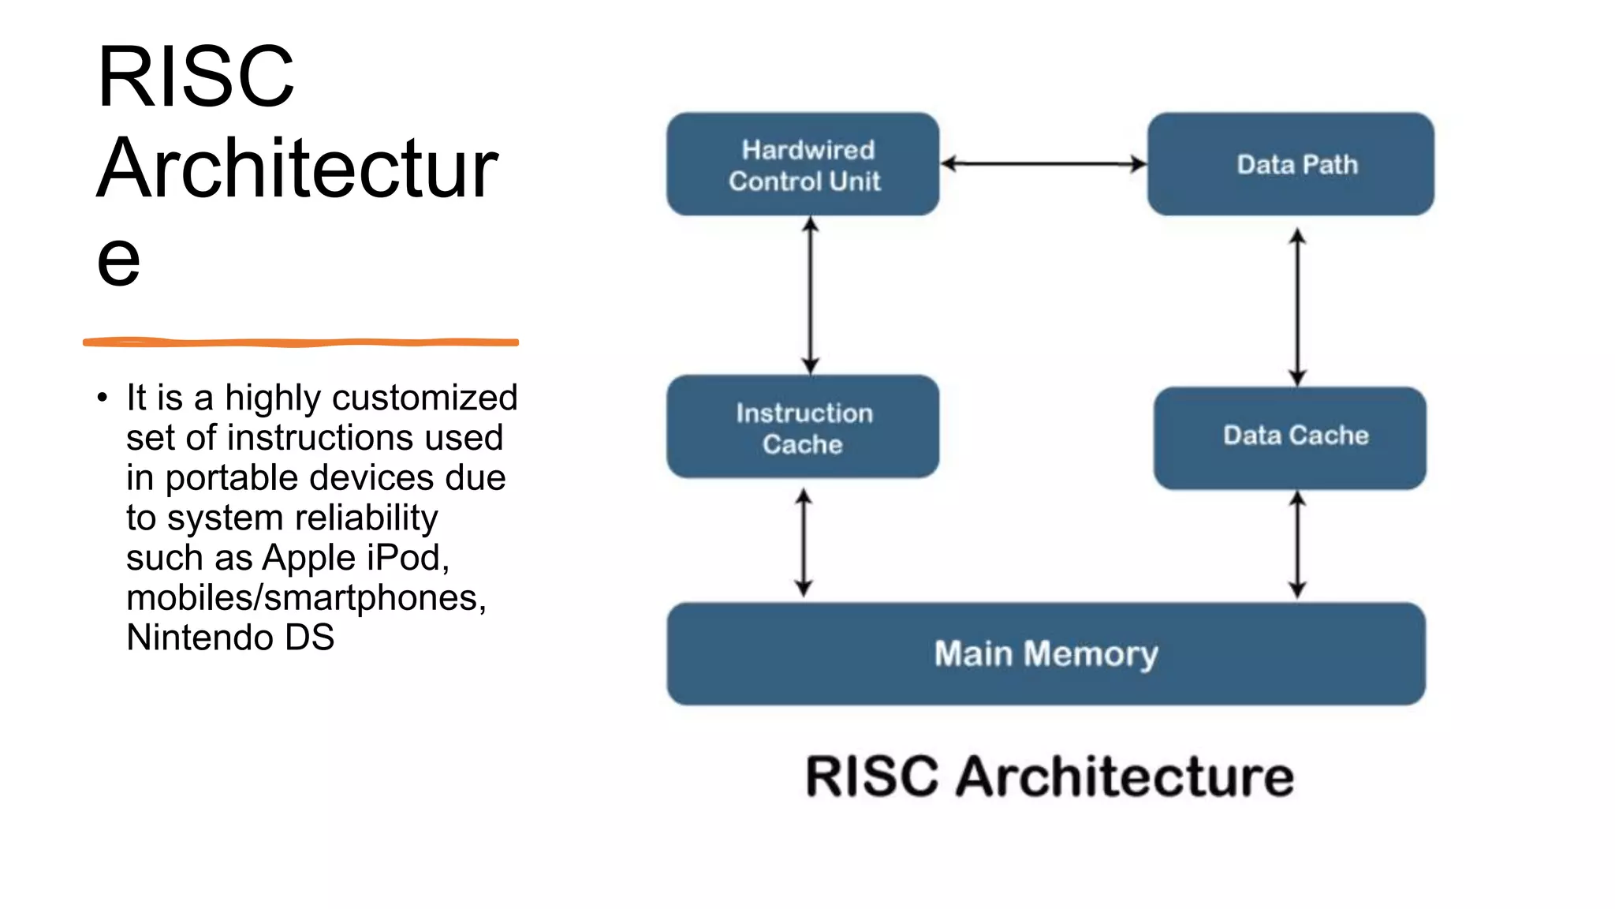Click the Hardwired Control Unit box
click(x=803, y=164)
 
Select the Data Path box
click(x=1290, y=164)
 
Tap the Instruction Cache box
click(x=803, y=427)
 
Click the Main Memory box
click(x=1046, y=653)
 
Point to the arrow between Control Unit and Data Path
click(x=1042, y=164)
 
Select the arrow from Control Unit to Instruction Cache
click(x=811, y=296)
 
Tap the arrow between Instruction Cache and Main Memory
click(x=804, y=542)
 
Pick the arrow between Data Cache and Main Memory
click(x=1297, y=544)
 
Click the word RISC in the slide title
click(x=196, y=77)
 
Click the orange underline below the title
click(x=300, y=342)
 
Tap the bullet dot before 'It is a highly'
click(x=103, y=398)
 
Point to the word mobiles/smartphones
click(x=306, y=597)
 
